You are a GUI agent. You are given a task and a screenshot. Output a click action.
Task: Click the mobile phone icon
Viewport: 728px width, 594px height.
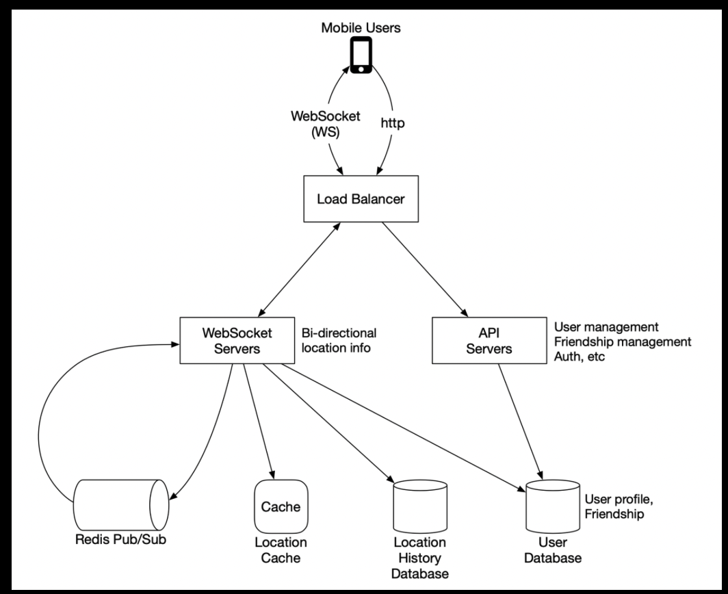pyautogui.click(x=361, y=55)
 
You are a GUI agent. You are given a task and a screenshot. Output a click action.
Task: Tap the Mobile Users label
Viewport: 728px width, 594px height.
pyautogui.click(x=361, y=28)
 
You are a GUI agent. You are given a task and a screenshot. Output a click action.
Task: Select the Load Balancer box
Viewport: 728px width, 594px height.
pyautogui.click(x=361, y=198)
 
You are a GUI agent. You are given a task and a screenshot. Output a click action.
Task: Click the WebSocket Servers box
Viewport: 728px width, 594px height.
pyautogui.click(x=237, y=340)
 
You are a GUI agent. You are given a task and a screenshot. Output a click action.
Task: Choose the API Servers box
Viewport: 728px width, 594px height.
pyautogui.click(x=489, y=340)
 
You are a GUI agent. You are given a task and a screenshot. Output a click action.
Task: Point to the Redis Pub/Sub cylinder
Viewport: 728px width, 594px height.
pyautogui.click(x=121, y=505)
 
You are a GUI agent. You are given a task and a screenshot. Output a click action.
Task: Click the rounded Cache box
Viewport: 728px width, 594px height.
pyautogui.click(x=281, y=506)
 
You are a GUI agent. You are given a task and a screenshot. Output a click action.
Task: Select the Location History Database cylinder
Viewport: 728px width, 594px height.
pyautogui.click(x=420, y=506)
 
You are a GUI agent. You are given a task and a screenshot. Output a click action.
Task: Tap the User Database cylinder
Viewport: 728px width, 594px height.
pyautogui.click(x=553, y=506)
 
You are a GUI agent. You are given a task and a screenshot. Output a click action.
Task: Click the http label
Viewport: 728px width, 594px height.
pyautogui.click(x=392, y=123)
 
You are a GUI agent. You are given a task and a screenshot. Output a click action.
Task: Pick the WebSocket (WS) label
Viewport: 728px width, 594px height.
pyautogui.click(x=326, y=124)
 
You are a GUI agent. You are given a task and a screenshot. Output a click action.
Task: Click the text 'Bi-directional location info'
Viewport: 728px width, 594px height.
pyautogui.click(x=339, y=340)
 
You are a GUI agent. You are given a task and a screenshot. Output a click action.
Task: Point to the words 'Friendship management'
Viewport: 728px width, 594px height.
pyautogui.click(x=623, y=341)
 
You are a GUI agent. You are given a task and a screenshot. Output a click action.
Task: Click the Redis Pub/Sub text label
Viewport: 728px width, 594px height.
pyautogui.click(x=120, y=540)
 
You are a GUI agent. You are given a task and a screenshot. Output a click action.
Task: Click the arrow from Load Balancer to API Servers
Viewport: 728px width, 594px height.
pyautogui.click(x=425, y=270)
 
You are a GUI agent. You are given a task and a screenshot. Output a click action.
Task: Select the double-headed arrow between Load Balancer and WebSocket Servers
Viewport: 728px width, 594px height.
pyautogui.click(x=300, y=270)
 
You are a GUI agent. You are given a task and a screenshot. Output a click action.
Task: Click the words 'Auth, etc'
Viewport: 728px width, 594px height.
pyautogui.click(x=580, y=357)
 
